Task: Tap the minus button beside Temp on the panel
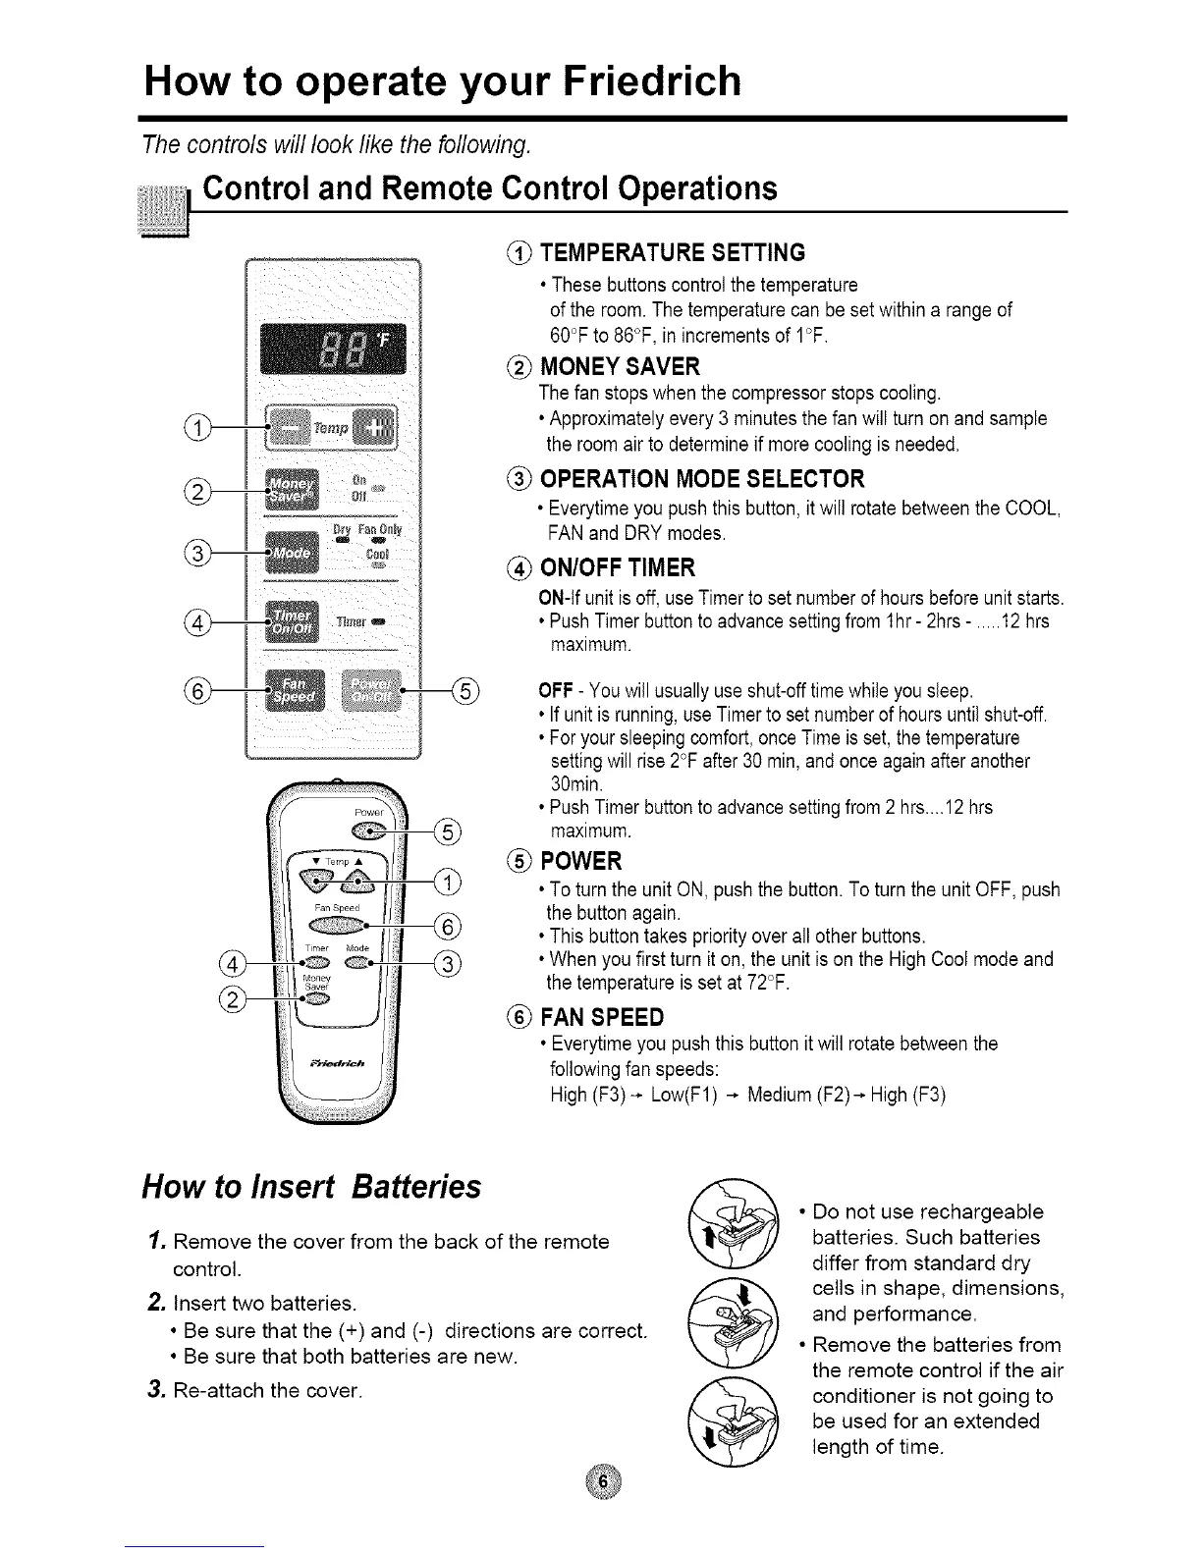(x=289, y=427)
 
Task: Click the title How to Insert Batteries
(x=312, y=1187)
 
